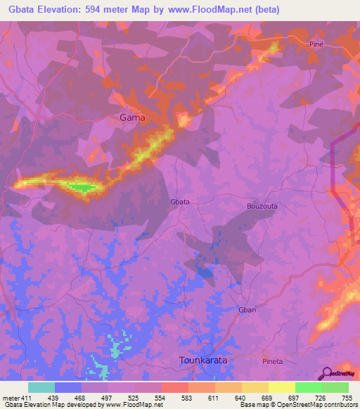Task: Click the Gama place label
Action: tap(132, 117)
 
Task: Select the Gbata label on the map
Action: tap(180, 202)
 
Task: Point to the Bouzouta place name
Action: tap(264, 206)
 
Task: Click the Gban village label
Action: tap(247, 310)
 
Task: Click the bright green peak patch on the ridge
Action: tap(79, 187)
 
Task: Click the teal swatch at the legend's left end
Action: tap(41, 387)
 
